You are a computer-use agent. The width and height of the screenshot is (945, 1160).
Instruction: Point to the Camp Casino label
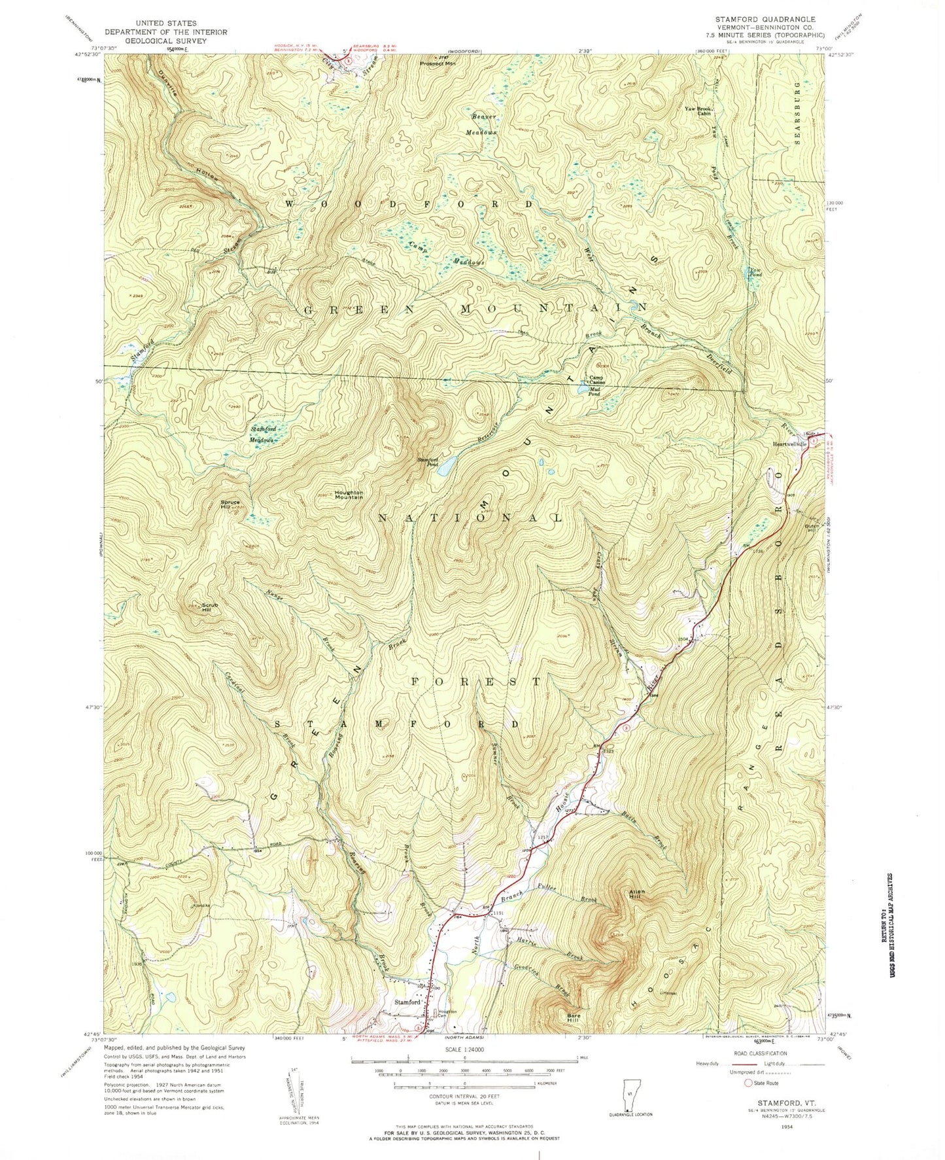(x=597, y=379)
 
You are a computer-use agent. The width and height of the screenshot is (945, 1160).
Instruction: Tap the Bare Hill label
(x=573, y=1018)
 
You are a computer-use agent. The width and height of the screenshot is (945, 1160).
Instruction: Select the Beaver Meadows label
(x=485, y=124)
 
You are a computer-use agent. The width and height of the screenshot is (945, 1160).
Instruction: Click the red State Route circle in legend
(x=749, y=1101)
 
